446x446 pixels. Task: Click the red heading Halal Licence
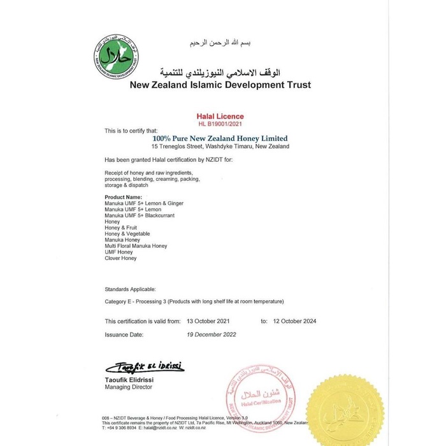(221, 117)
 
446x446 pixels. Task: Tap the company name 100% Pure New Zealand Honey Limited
(220, 138)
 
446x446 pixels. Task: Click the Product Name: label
(124, 198)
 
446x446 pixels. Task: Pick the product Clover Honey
(121, 258)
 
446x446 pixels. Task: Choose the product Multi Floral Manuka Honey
(136, 246)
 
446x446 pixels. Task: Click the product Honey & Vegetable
(126, 234)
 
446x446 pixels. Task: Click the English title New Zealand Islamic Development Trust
(220, 85)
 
